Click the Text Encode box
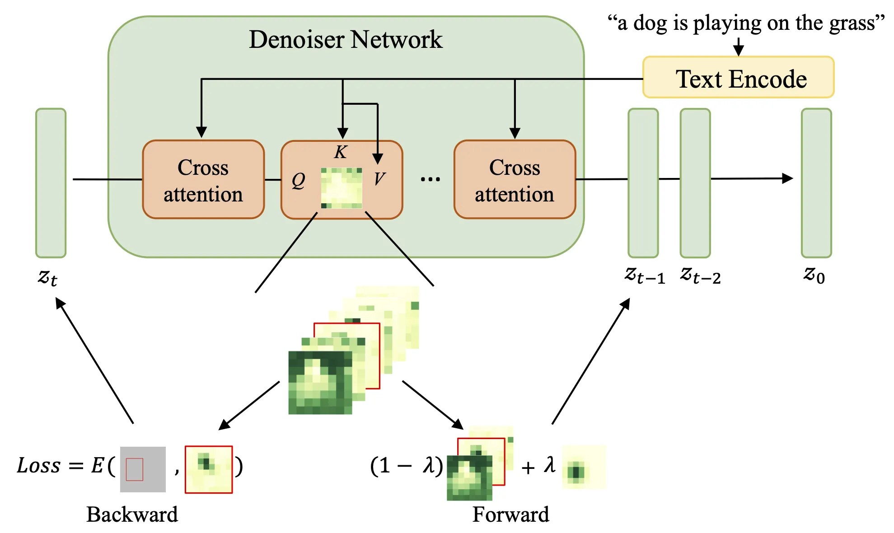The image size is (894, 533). point(738,78)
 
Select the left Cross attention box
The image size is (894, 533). point(203,180)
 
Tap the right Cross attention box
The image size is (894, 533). point(515,180)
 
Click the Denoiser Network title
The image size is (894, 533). point(346,40)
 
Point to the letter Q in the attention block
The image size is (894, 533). point(298,181)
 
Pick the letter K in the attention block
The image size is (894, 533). point(341,152)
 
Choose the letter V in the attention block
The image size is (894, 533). point(379,179)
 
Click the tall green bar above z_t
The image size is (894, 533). point(51,182)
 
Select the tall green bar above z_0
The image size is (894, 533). point(816,182)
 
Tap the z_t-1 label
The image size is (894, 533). point(645,275)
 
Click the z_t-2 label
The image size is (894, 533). point(700,275)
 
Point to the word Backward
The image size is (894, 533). point(132,514)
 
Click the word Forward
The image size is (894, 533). point(510,514)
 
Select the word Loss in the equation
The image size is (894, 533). point(39,465)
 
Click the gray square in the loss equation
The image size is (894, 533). point(143,469)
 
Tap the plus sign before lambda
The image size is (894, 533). point(528,468)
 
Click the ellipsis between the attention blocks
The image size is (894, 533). point(430,179)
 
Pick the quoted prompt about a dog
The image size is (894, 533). point(745,23)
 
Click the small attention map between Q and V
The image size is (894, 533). point(342,188)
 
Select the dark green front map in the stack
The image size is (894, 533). point(320,383)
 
